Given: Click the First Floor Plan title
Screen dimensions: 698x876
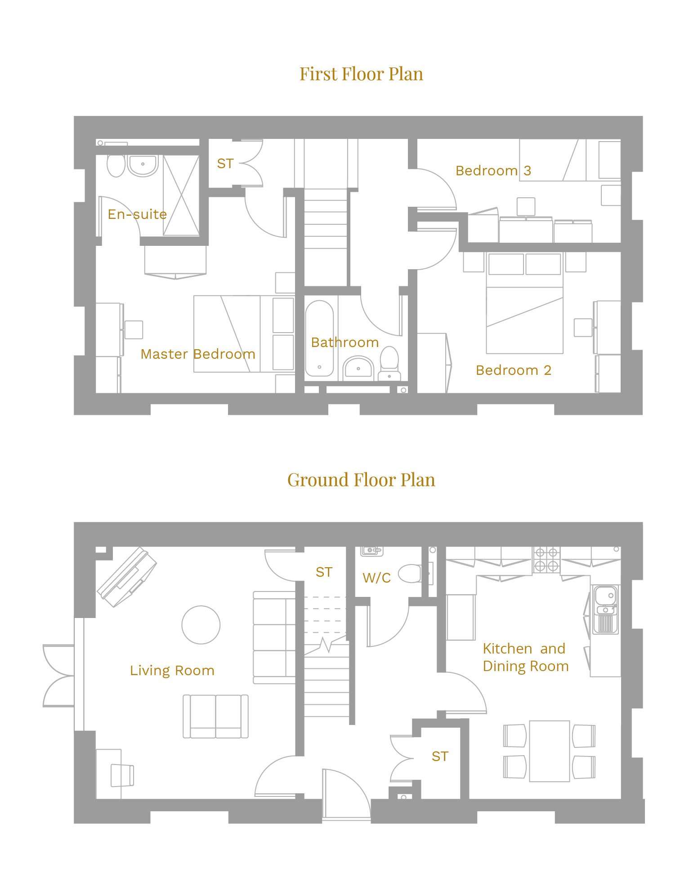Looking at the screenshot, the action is [x=361, y=74].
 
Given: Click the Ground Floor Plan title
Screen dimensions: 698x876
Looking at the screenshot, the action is [x=361, y=480].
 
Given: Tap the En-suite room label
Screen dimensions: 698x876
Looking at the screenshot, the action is [x=137, y=214].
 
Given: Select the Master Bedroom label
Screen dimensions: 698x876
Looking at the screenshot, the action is [x=198, y=354].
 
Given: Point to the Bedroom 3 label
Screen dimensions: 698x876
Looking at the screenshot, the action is [x=493, y=171].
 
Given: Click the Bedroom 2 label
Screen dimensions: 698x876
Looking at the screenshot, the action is [x=514, y=370].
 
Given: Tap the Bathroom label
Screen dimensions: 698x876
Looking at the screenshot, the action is [x=345, y=342].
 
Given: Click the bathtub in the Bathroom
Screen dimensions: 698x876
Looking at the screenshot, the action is [x=319, y=338].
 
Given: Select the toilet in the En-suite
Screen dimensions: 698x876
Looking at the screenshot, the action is [x=116, y=165].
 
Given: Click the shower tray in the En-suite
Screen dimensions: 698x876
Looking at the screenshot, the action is [x=181, y=195].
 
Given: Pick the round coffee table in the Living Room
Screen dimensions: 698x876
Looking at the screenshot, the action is [x=201, y=625].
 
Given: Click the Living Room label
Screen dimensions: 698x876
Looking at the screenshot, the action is [x=172, y=671].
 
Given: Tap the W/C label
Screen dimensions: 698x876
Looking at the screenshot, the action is [x=377, y=578].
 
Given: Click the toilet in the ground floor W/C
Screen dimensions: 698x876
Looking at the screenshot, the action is [x=410, y=574].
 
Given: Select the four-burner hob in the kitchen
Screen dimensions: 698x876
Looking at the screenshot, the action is [x=546, y=560].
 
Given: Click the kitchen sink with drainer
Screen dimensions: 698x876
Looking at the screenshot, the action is [x=605, y=609].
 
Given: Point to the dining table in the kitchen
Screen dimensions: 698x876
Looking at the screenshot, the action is [x=550, y=751].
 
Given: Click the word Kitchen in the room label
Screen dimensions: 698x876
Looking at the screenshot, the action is [x=507, y=649].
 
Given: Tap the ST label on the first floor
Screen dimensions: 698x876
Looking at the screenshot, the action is [x=225, y=164].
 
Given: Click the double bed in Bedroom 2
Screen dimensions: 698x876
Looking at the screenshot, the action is [x=524, y=302].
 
